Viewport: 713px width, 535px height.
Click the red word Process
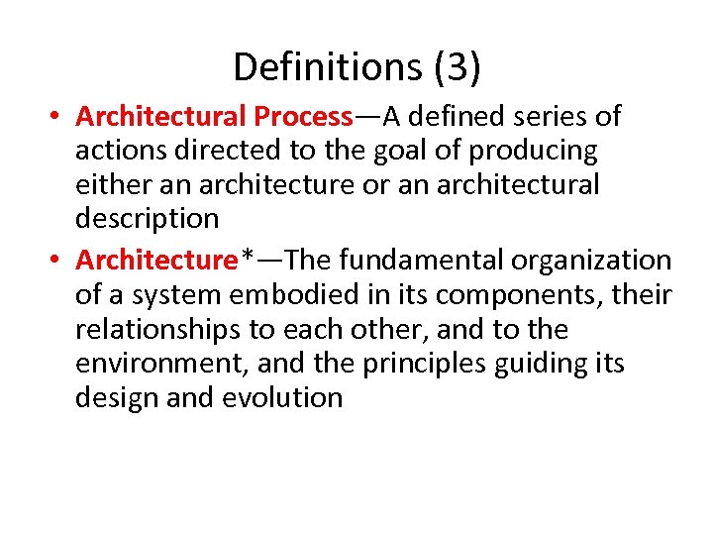303,117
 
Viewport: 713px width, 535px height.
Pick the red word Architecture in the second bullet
157,261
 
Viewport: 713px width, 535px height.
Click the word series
541,117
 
